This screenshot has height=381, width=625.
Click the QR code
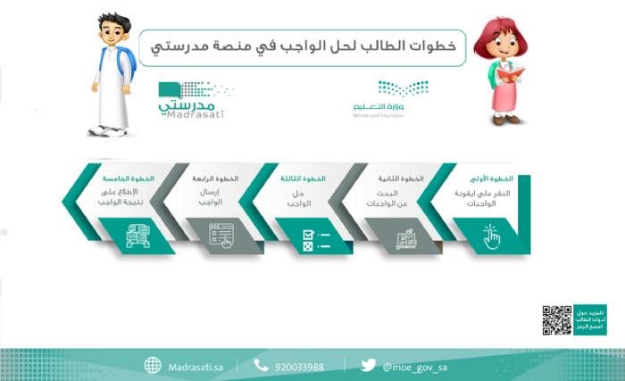click(x=557, y=319)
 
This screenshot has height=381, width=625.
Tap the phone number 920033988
click(x=299, y=366)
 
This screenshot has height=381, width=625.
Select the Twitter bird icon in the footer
click(x=368, y=365)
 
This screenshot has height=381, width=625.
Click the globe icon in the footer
click(x=153, y=365)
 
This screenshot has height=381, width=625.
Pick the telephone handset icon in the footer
click(x=261, y=365)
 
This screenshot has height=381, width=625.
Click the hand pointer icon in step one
click(x=490, y=236)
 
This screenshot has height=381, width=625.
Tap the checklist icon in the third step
click(x=314, y=236)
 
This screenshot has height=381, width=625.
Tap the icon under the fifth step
click(x=138, y=236)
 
